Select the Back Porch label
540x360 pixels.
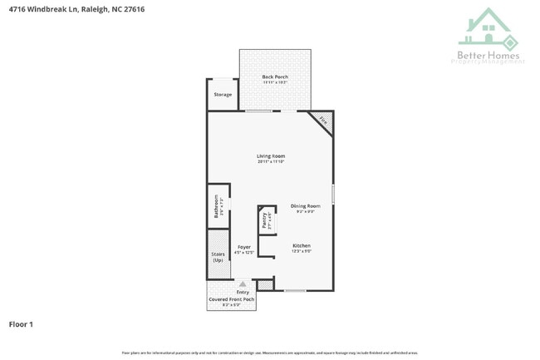pos(275,76)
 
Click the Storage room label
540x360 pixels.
pos(223,95)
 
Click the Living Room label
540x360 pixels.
pos(270,156)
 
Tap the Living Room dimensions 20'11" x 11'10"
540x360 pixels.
pos(270,162)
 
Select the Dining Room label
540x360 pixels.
pos(305,205)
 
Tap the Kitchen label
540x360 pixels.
pos(301,245)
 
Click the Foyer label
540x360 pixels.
pos(244,247)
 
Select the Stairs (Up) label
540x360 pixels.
pos(218,257)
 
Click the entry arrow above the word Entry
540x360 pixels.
pos(243,284)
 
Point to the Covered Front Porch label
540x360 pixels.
pos(231,298)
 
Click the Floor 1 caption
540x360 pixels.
pos(21,323)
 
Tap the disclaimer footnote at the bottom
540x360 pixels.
pos(270,353)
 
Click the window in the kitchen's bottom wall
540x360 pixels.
pos(295,290)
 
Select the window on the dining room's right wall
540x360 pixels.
pos(333,193)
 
